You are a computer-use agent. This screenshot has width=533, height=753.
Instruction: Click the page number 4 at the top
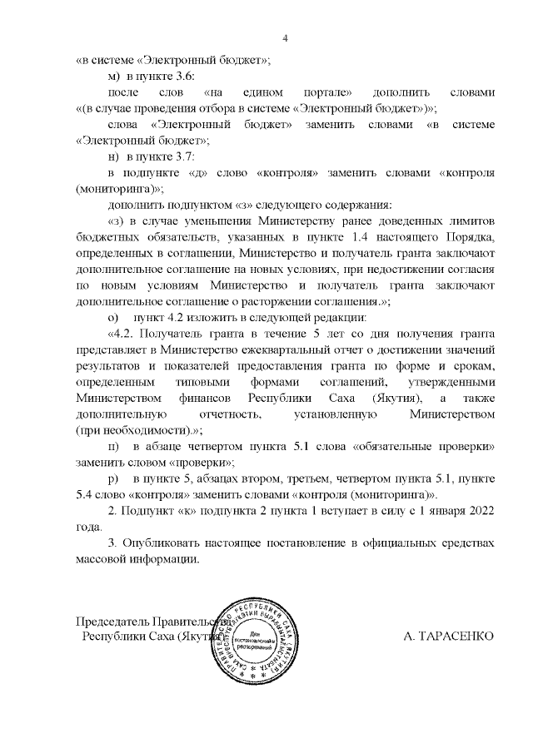285,38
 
